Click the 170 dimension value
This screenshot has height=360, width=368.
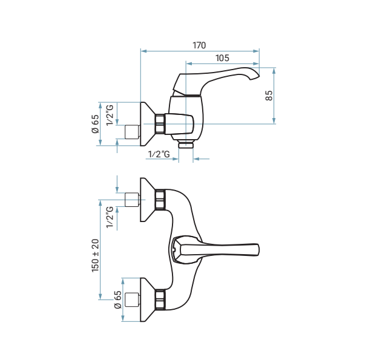199,45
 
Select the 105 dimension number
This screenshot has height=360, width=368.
222,58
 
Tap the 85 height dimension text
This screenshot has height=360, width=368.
269,96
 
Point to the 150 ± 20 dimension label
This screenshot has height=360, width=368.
96,255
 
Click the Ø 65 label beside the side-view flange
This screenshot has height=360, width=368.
95,124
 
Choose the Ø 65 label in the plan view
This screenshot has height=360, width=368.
117,299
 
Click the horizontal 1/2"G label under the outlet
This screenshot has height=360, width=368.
159,154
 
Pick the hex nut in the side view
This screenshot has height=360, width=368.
160,124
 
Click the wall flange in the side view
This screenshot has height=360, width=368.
148,124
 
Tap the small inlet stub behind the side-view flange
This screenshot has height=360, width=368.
133,132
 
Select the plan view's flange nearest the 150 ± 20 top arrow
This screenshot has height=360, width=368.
148,200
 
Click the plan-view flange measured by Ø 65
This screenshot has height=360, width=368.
148,299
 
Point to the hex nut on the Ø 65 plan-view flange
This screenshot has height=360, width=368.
160,299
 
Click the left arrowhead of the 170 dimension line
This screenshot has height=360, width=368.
143,51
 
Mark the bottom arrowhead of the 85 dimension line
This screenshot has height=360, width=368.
274,121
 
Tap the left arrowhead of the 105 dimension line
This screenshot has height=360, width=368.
189,64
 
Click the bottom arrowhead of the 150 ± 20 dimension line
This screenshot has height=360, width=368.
100,296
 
